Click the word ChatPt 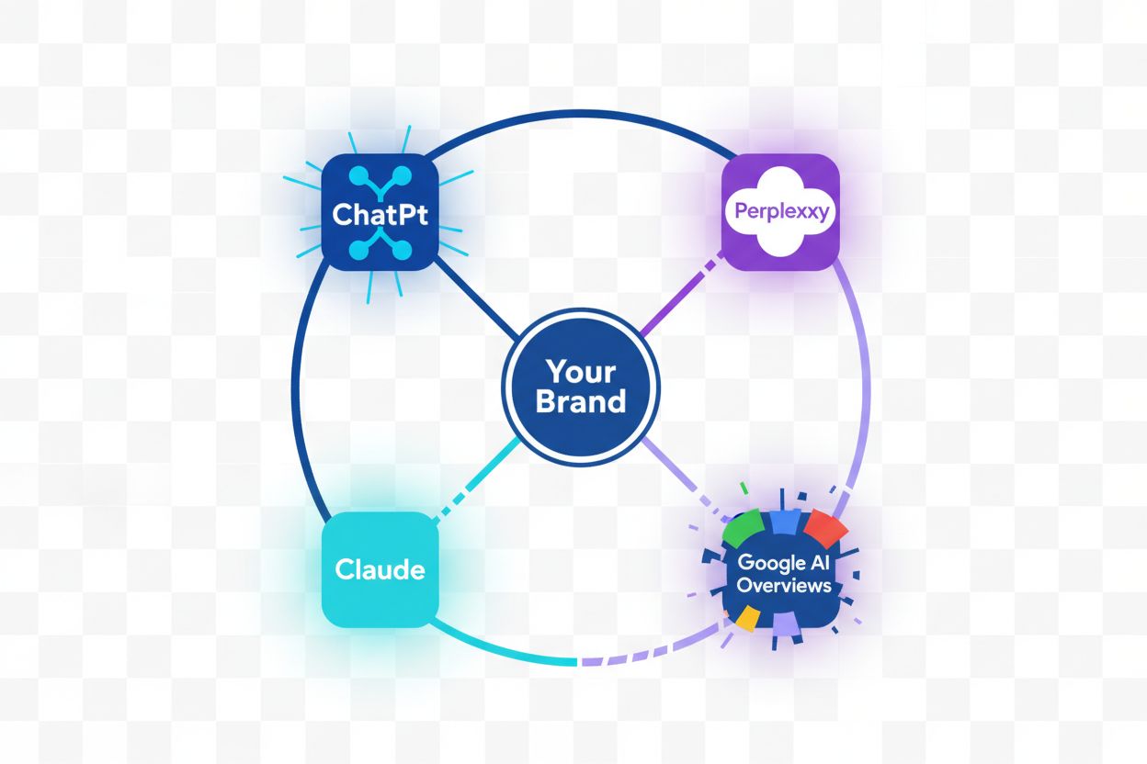pos(380,215)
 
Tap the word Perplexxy pos(781,213)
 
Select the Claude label pos(380,569)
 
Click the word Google pos(769,562)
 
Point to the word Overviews pos(784,585)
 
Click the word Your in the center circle pos(580,372)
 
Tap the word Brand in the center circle pos(580,401)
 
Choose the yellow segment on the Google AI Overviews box pos(746,617)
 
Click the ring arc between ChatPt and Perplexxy pos(580,113)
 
